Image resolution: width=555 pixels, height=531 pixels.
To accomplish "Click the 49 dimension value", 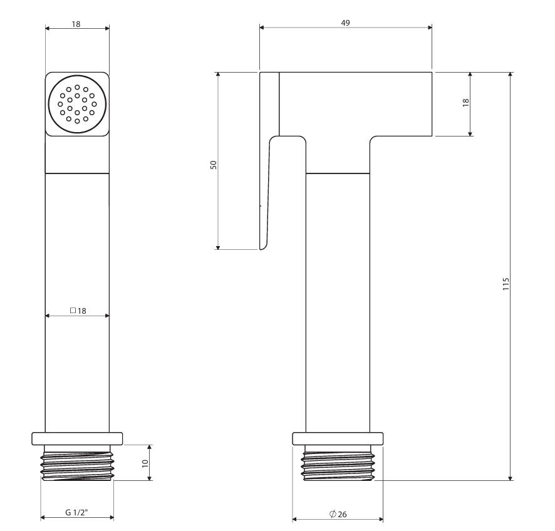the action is [x=345, y=23].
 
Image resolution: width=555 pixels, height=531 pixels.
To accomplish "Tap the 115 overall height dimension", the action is [x=506, y=284].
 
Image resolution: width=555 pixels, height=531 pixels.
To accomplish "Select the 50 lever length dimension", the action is [x=214, y=165].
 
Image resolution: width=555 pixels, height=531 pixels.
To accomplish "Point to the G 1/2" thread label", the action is [x=76, y=512].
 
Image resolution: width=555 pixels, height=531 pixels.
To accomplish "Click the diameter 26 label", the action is [x=338, y=514].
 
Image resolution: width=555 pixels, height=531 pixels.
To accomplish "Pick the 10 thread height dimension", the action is [x=145, y=463].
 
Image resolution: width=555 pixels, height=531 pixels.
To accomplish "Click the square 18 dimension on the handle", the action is [x=78, y=311].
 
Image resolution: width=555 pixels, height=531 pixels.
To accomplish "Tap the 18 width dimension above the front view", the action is [x=76, y=24].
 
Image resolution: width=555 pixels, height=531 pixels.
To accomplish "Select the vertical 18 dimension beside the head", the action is [x=466, y=103].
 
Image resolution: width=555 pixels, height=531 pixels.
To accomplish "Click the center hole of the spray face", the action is [x=77, y=105].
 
